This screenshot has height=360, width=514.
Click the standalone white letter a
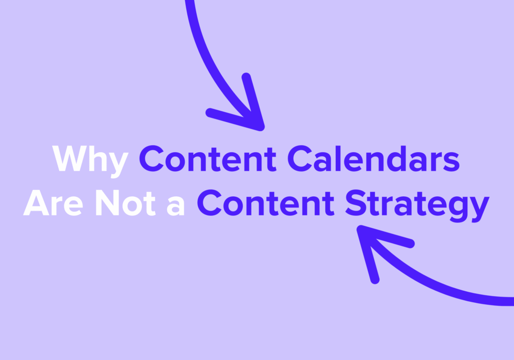point(175,206)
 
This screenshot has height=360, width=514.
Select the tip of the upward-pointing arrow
point(360,230)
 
